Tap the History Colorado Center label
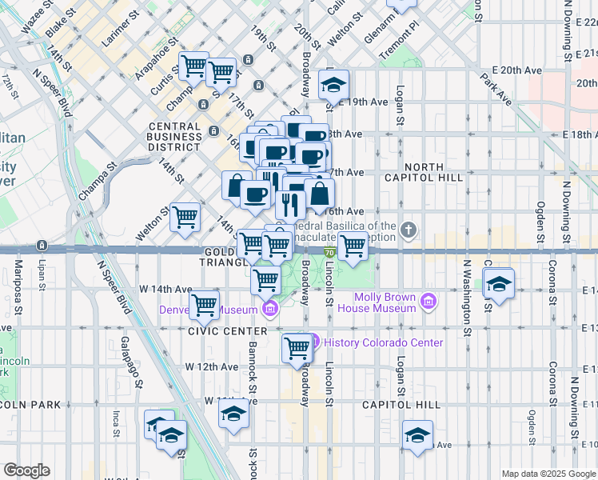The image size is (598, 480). tap(382, 342)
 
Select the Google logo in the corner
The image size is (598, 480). tap(26, 470)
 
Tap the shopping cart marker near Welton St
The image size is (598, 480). tap(185, 216)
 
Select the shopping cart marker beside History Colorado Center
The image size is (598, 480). tap(297, 348)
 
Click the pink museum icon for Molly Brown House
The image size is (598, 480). tap(429, 302)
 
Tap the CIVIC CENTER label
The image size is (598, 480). tap(228, 330)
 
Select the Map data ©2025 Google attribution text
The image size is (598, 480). tap(549, 474)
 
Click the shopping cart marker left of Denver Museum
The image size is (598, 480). tap(205, 304)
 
